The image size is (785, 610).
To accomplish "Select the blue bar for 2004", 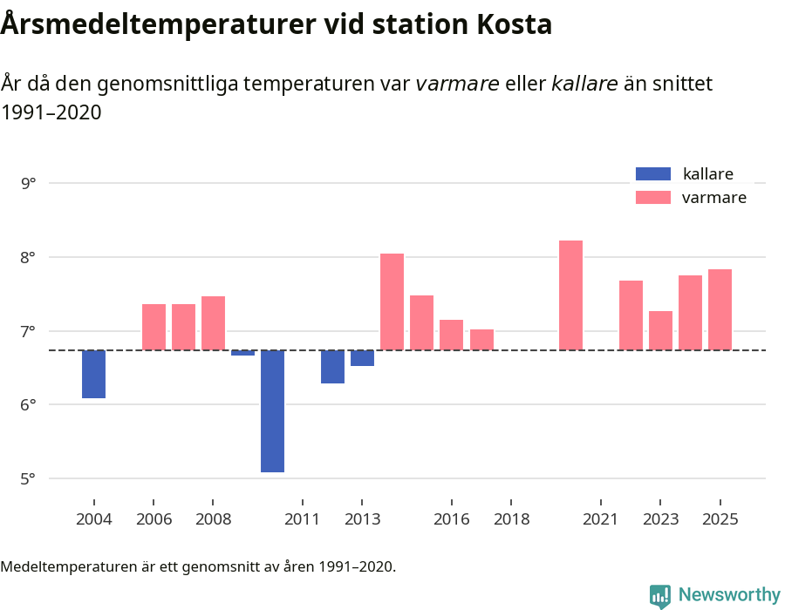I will pos(94,375).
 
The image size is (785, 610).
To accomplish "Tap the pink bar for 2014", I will pos(392,302).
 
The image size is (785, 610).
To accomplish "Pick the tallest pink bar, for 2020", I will pos(570,295).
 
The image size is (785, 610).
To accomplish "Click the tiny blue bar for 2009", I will pos(243,353).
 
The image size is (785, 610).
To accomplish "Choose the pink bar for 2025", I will pos(720,309).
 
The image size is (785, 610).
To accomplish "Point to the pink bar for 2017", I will pos(481,340).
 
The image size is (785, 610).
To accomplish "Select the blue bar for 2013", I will pos(363,358).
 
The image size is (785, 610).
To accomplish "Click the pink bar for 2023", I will pos(660,330).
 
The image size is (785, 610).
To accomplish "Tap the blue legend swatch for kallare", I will pos(653,174).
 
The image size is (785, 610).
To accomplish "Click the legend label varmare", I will pos(713,198).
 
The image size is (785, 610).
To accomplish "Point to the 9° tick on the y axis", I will pos(30,183).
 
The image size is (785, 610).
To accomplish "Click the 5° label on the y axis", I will pos(30,478).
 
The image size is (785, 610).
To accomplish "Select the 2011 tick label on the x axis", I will pos(303,519).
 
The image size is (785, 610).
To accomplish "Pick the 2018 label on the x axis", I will pos(511,519).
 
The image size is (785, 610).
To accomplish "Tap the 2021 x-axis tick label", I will pos(601,519).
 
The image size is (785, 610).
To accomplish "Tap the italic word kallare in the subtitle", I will pos(584,84).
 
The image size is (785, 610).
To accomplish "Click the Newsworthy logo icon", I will pos(660,595).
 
